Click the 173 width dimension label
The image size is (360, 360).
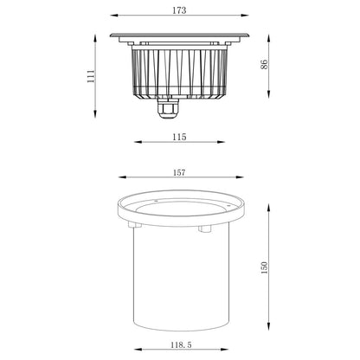[179, 10]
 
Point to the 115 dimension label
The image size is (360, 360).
[179, 137]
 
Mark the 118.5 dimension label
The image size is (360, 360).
[179, 345]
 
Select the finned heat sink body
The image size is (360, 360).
[179, 69]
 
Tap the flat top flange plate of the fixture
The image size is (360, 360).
[179, 35]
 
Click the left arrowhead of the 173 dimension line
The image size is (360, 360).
[113, 19]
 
